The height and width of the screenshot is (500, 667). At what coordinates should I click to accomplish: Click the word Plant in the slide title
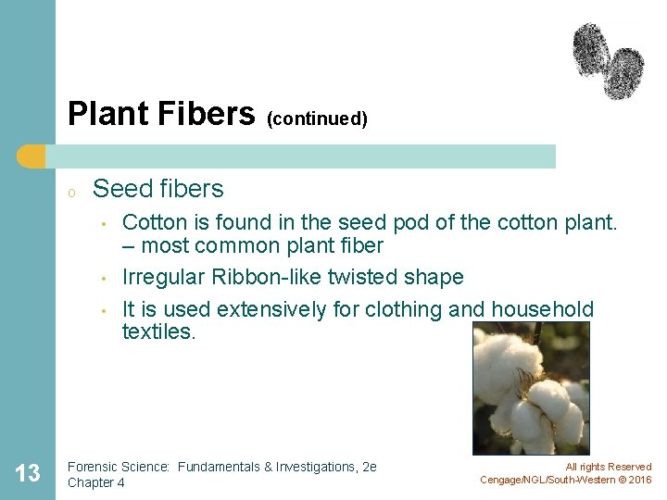[x=103, y=114]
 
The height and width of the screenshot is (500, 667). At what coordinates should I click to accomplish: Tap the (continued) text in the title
[x=317, y=119]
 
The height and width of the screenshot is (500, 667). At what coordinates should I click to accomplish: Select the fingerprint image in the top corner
[x=608, y=60]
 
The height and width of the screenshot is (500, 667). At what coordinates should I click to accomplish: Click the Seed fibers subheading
[x=158, y=189]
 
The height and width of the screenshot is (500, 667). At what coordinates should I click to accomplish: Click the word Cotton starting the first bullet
[x=152, y=223]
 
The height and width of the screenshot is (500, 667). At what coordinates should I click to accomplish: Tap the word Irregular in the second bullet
[x=162, y=278]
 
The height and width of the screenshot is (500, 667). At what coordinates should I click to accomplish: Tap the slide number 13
[x=28, y=474]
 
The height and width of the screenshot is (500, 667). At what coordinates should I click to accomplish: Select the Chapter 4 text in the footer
[x=97, y=482]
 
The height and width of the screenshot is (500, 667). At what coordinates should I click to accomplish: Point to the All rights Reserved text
[x=608, y=468]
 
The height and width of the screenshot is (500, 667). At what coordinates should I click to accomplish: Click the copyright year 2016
[x=639, y=480]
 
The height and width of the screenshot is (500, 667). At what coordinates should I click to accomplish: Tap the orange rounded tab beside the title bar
[x=32, y=156]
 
